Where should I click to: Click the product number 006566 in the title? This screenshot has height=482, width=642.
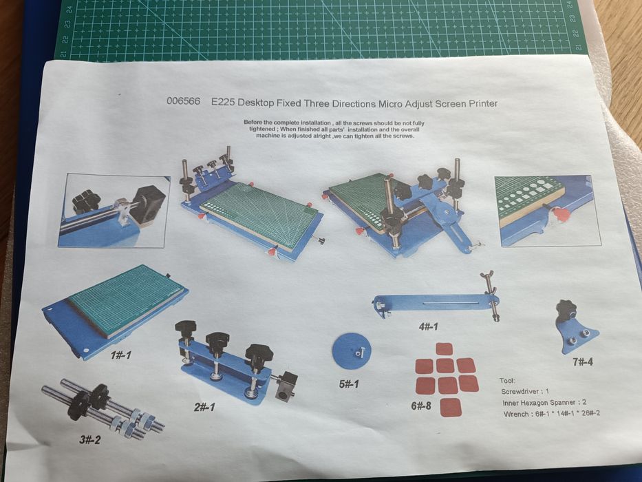[x=183, y=101]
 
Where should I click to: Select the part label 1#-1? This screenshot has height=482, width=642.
[x=121, y=355]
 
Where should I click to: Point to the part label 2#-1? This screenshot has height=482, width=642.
[x=204, y=408]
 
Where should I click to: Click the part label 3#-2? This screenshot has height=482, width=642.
[x=89, y=440]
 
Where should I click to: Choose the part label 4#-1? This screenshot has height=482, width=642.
[x=428, y=326]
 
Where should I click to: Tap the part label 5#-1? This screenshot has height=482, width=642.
[x=349, y=384]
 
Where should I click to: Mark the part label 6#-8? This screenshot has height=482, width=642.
[x=421, y=406]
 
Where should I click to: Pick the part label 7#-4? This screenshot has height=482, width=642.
[x=583, y=361]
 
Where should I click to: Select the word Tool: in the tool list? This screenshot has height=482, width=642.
[x=508, y=381]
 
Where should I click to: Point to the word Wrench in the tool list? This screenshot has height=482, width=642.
[x=516, y=414]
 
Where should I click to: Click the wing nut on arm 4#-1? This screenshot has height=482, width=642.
[x=489, y=275]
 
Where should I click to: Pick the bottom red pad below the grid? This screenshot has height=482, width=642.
[x=451, y=408]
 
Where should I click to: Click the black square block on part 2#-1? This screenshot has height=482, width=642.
[x=287, y=386]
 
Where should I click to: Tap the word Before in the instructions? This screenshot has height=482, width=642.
[x=253, y=122]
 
